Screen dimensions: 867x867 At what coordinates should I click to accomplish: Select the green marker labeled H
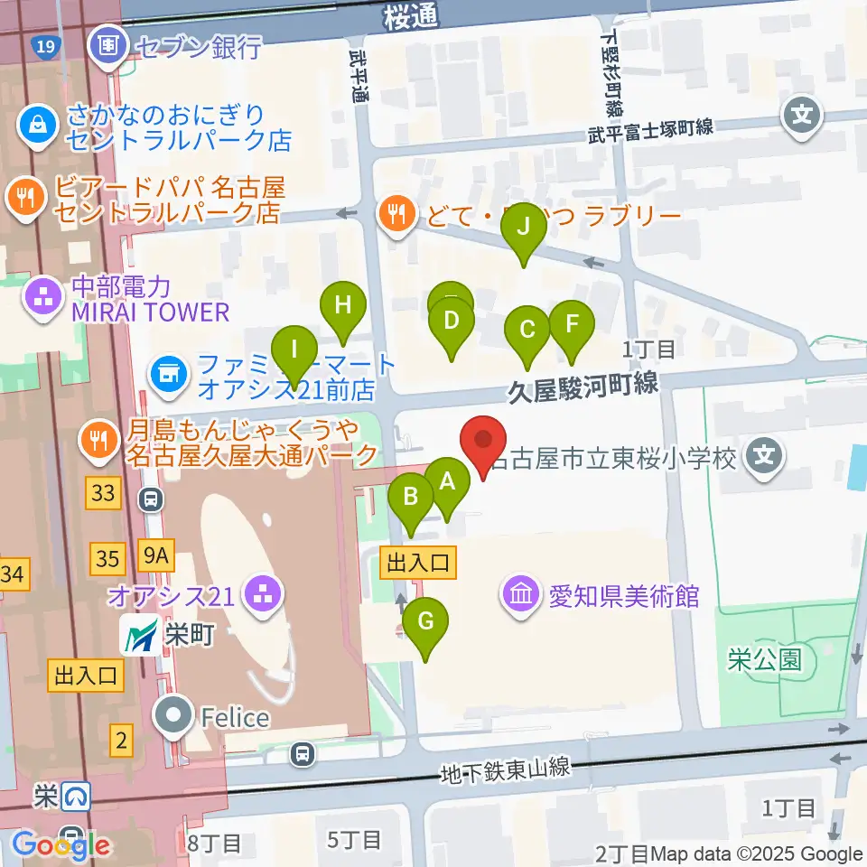pyautogui.click(x=342, y=305)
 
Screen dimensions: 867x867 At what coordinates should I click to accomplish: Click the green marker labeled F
pyautogui.click(x=570, y=324)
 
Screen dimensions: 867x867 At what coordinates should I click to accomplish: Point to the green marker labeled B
pyautogui.click(x=411, y=496)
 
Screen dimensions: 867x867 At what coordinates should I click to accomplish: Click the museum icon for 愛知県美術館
pyautogui.click(x=521, y=595)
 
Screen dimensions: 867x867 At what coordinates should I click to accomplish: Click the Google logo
pyautogui.click(x=60, y=846)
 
